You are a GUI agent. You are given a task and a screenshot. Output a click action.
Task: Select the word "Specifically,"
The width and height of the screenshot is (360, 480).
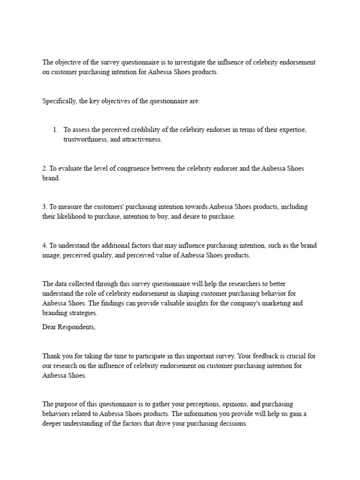(60, 101)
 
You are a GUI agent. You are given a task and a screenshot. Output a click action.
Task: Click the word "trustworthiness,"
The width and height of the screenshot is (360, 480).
(85, 140)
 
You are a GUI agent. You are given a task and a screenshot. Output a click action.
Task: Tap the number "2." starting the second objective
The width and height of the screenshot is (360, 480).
(45, 168)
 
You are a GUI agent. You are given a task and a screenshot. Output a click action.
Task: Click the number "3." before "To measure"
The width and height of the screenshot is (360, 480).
(45, 207)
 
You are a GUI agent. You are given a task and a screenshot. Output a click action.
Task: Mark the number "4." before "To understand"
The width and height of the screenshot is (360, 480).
(45, 245)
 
